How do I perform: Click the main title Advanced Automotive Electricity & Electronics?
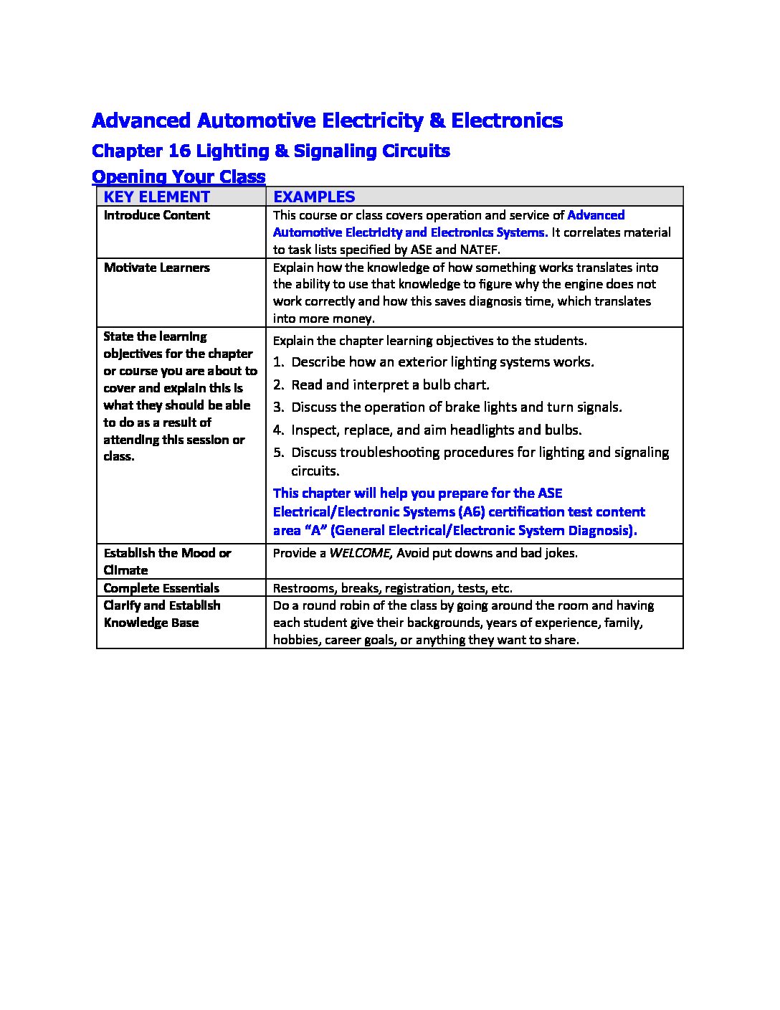327,121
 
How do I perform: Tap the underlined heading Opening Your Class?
179,176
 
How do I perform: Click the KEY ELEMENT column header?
157,197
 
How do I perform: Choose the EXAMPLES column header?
314,197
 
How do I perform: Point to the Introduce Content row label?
157,215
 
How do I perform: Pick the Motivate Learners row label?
157,268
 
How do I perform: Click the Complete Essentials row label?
161,588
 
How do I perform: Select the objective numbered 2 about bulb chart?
390,384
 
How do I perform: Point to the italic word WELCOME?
360,553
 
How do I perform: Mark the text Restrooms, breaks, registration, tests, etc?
392,588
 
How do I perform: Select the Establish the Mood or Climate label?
167,561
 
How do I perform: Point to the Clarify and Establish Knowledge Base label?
162,614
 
